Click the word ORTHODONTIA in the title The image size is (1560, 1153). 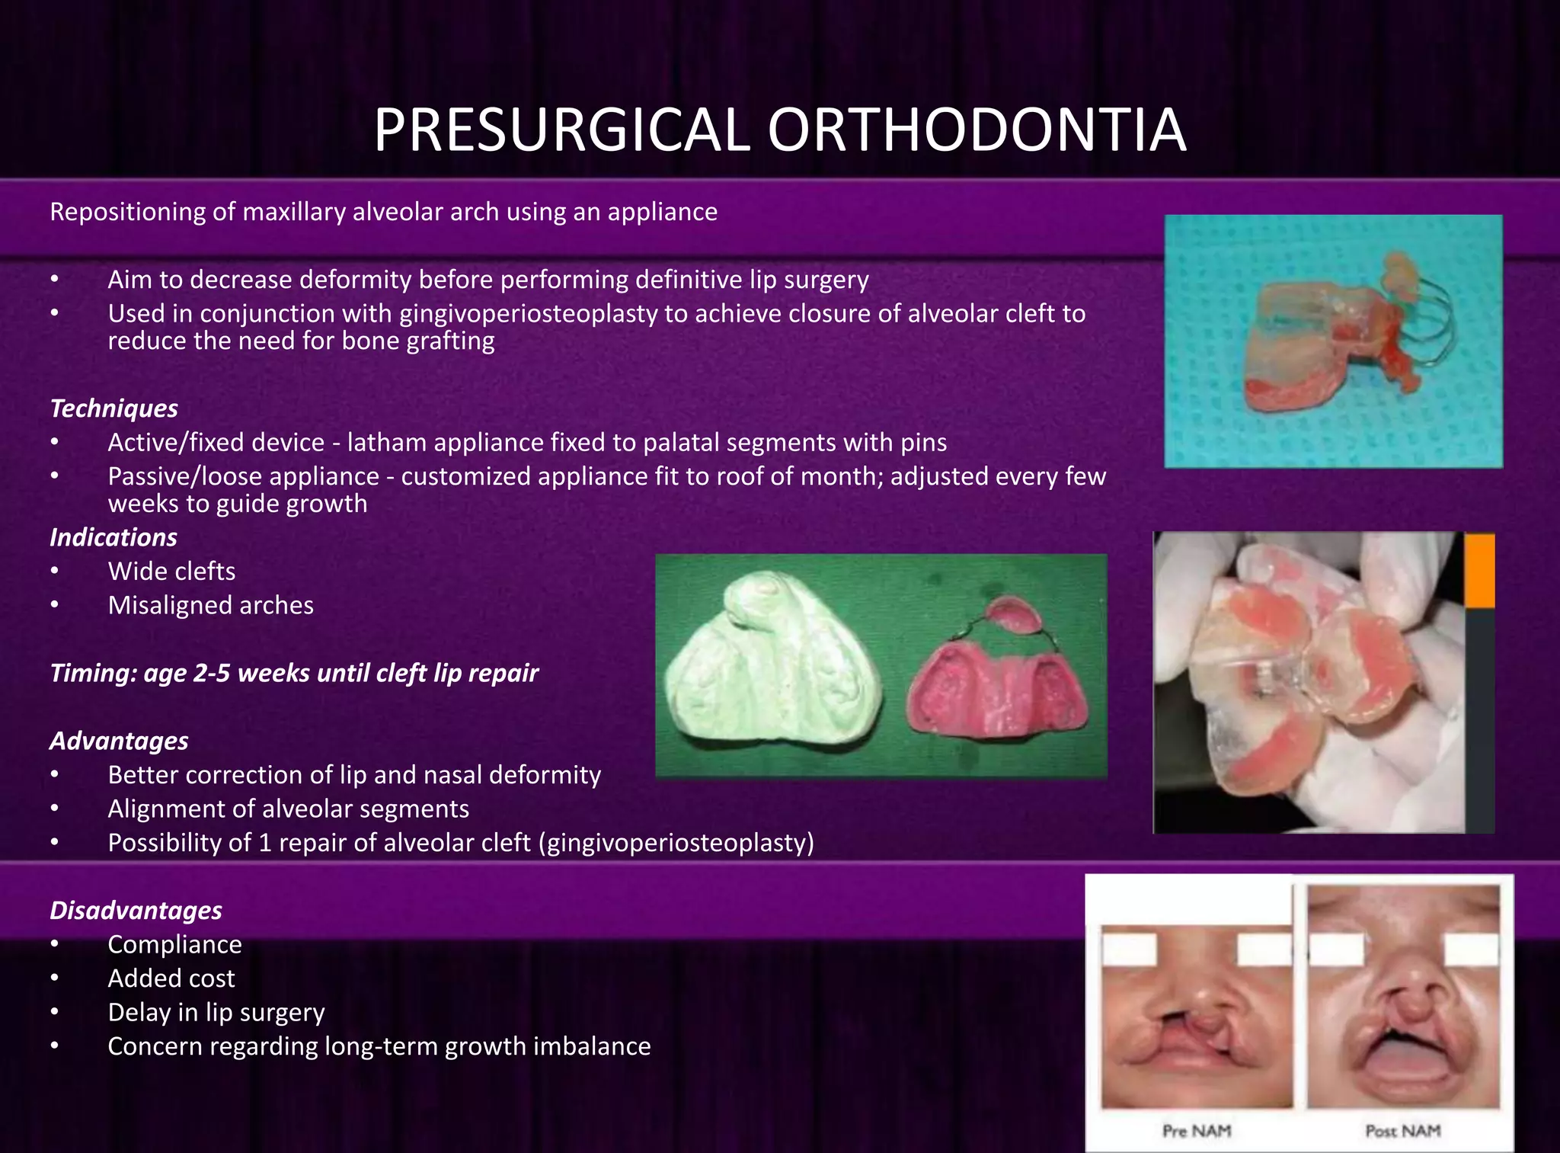pyautogui.click(x=976, y=130)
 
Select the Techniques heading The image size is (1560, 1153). pyautogui.click(x=113, y=408)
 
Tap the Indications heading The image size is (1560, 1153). pyautogui.click(x=113, y=537)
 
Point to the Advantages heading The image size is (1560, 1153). pyautogui.click(x=119, y=741)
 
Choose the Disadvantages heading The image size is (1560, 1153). pyautogui.click(x=136, y=910)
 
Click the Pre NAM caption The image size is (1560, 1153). pyautogui.click(x=1196, y=1131)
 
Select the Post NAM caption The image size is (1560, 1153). pyautogui.click(x=1402, y=1131)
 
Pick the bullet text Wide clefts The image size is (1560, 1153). pyautogui.click(x=171, y=572)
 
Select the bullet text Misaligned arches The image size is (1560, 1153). pyautogui.click(x=210, y=605)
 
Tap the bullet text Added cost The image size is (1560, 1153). pyautogui.click(x=171, y=978)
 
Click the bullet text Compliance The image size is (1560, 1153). pyautogui.click(x=174, y=944)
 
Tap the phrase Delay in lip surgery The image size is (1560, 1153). pyautogui.click(x=216, y=1013)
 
